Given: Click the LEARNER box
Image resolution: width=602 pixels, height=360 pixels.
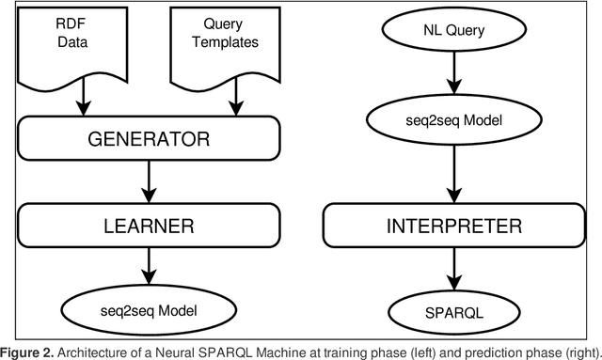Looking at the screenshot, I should coord(148,226).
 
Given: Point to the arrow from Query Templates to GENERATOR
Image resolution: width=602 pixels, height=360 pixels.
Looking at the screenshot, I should coord(235,103).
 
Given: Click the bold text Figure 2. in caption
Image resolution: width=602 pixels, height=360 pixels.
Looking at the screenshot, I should coord(27,351).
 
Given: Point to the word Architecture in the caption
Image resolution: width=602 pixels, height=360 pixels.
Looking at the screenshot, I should coord(89,351).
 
